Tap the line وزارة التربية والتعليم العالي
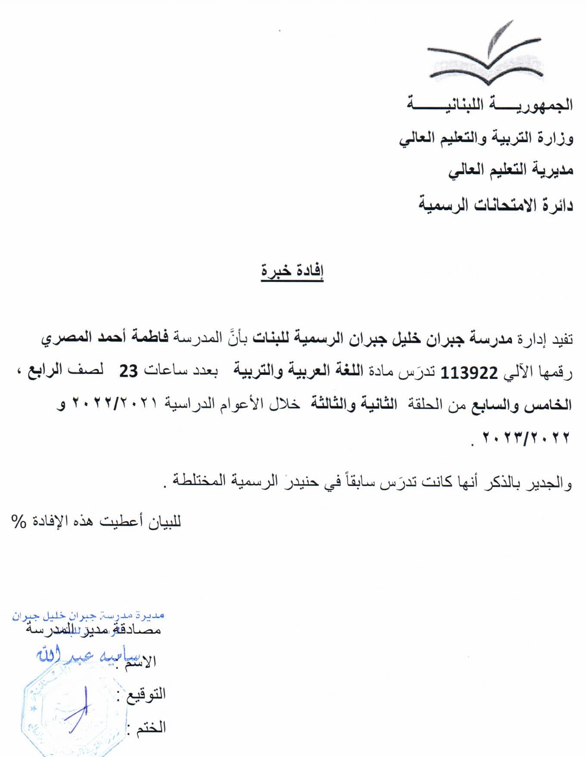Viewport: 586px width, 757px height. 486,139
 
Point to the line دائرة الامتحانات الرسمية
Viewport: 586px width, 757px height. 496,205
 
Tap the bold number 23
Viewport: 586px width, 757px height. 129,371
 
